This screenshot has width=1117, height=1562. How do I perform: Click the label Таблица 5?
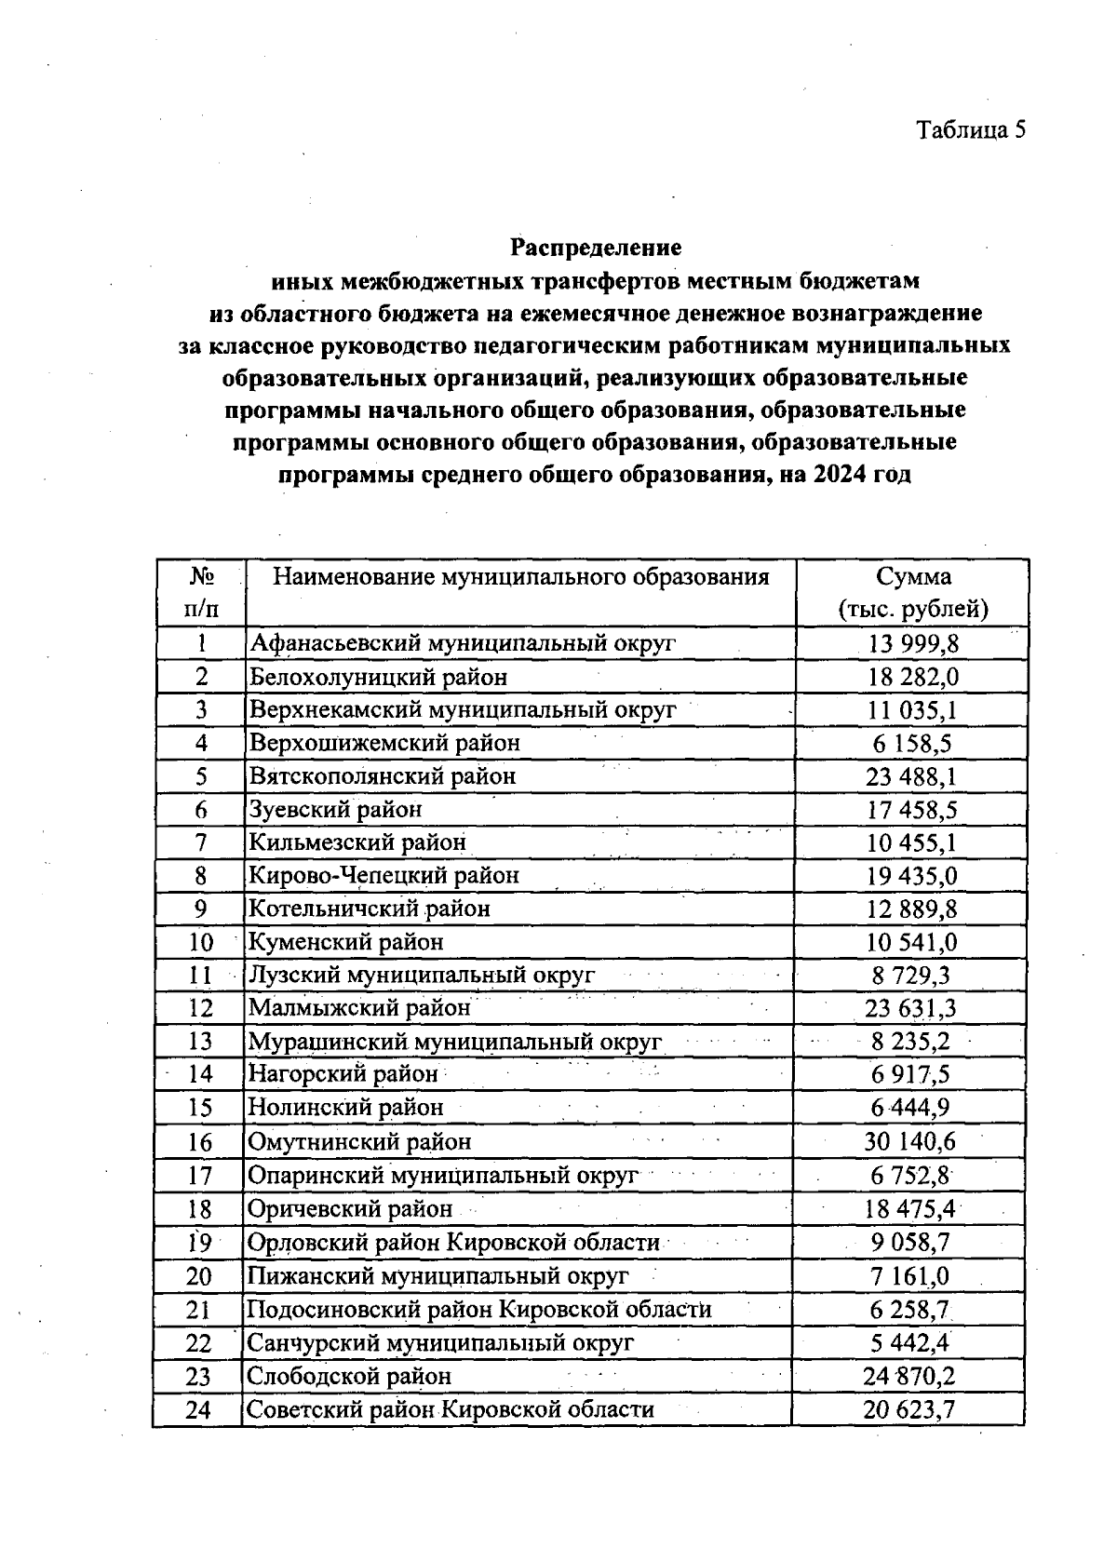(971, 130)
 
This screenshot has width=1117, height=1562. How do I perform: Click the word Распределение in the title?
(596, 248)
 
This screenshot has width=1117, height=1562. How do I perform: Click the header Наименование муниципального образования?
(520, 577)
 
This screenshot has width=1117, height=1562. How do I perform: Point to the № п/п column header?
(201, 593)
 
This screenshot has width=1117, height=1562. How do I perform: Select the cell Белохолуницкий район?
(378, 677)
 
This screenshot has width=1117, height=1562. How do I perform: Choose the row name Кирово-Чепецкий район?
(384, 875)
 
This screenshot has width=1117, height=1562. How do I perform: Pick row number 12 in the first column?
(201, 1008)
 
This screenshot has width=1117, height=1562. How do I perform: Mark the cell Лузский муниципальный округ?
(421, 976)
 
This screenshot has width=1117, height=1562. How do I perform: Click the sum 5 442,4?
(910, 1342)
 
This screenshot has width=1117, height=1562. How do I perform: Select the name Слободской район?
(349, 1376)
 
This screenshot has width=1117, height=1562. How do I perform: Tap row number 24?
(199, 1409)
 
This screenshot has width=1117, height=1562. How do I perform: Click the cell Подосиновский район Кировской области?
(478, 1310)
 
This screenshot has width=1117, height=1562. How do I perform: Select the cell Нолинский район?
(345, 1108)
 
